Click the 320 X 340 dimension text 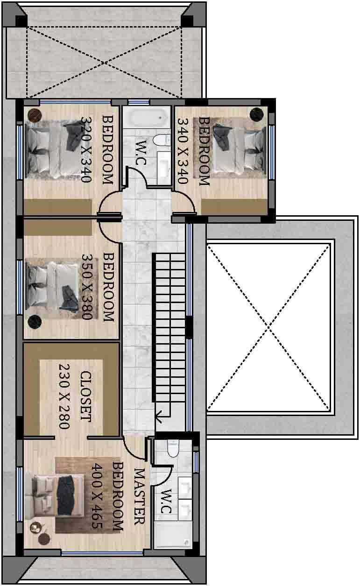pyautogui.click(x=86, y=149)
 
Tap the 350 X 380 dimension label pyautogui.click(x=87, y=286)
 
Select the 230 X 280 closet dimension pyautogui.click(x=64, y=396)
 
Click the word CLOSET pyautogui.click(x=86, y=396)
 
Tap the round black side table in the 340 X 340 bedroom pyautogui.click(x=256, y=114)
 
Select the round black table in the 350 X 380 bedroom pyautogui.click(x=35, y=322)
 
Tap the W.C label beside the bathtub pyautogui.click(x=141, y=153)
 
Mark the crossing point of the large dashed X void pyautogui.click(x=268, y=327)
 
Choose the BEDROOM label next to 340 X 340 pyautogui.click(x=205, y=151)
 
